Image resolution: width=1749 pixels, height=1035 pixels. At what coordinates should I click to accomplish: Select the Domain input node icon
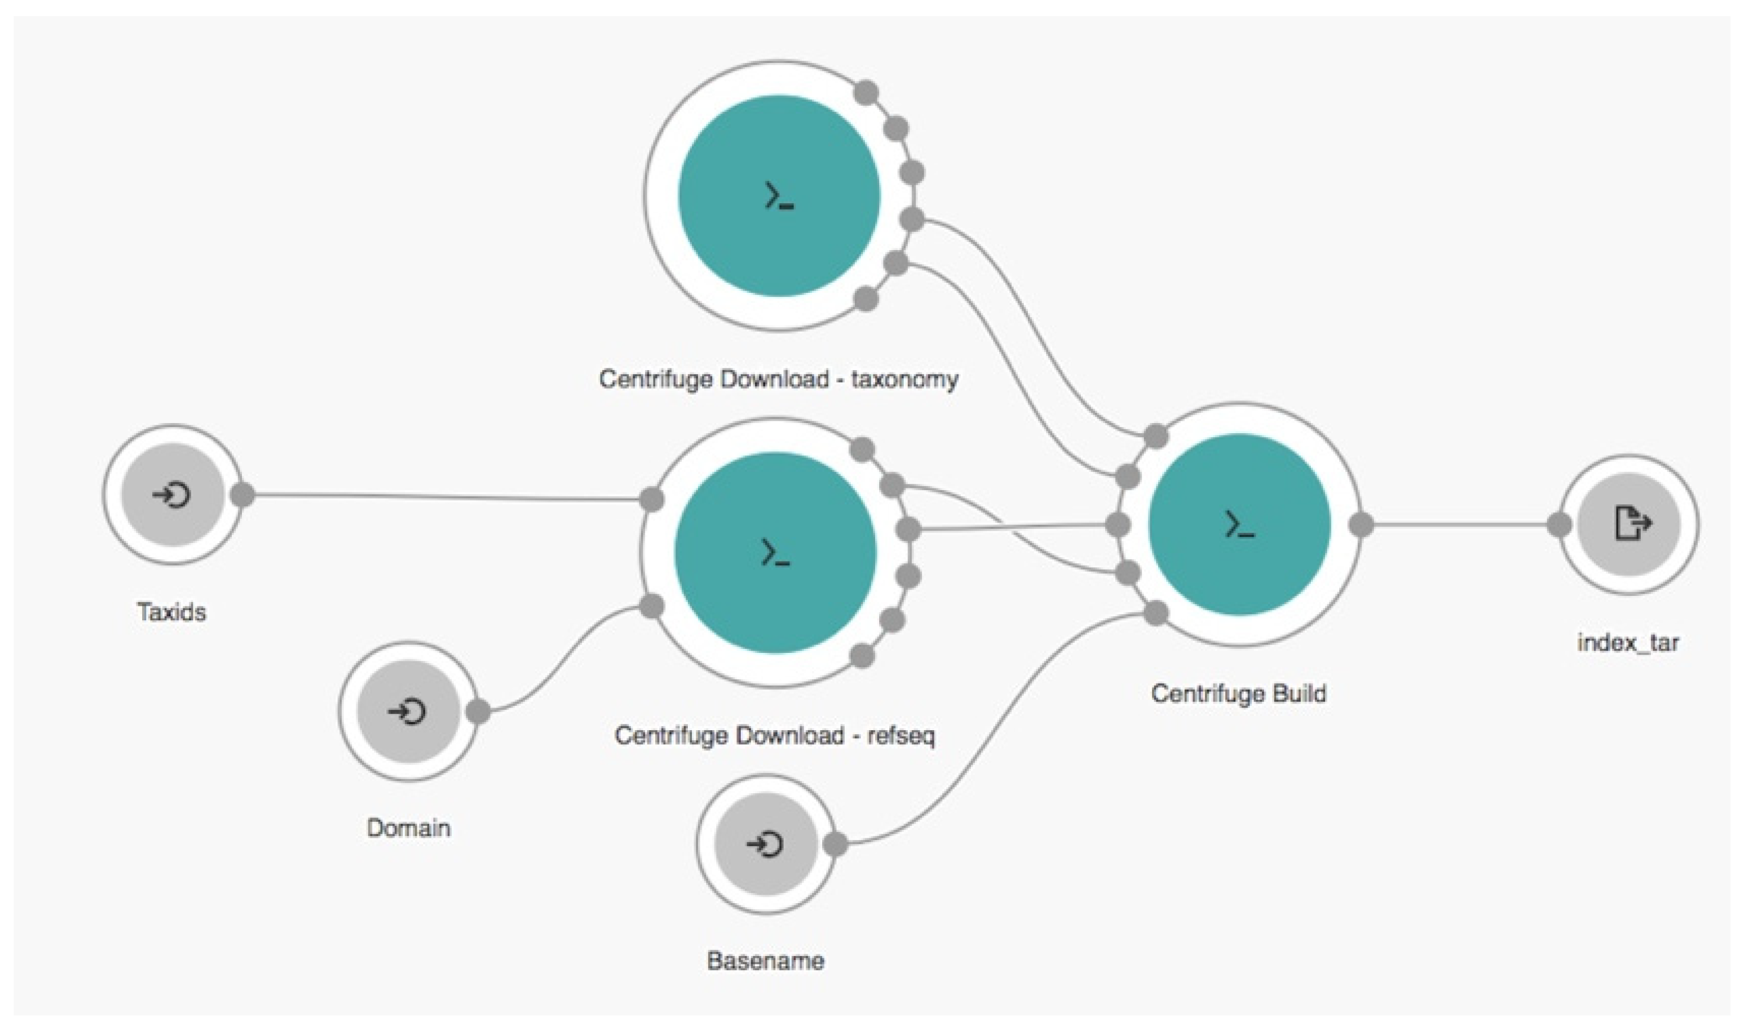tap(408, 712)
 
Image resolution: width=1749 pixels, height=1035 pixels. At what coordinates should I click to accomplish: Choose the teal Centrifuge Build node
tap(1239, 525)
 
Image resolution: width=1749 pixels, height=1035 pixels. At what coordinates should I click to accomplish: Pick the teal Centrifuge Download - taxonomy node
tap(779, 196)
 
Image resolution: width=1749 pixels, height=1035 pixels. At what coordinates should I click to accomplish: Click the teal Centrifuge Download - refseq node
tap(775, 553)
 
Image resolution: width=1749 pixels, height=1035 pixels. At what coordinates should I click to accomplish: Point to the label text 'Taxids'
tap(172, 613)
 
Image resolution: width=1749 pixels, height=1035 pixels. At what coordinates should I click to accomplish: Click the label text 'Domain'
tap(408, 829)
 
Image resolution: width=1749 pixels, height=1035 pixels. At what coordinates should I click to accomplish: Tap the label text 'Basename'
tap(765, 961)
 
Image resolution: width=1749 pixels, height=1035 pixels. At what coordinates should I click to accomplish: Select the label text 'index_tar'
tap(1628, 642)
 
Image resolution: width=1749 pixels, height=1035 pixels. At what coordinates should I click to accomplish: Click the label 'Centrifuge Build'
tap(1238, 693)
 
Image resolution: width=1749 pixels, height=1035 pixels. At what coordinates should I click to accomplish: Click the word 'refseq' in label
tap(901, 736)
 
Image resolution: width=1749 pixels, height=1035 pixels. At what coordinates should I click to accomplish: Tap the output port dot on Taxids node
tap(242, 494)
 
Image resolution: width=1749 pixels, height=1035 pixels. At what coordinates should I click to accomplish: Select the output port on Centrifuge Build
tap(1361, 525)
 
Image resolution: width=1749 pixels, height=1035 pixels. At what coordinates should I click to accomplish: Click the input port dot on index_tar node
tap(1559, 525)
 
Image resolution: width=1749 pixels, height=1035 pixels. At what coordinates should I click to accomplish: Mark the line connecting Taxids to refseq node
tap(446, 497)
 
